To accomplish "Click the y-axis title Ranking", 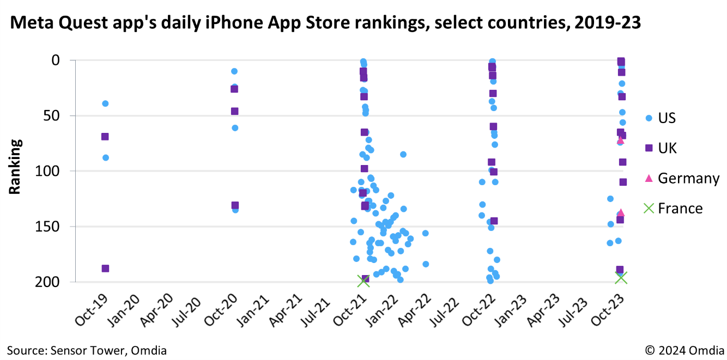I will (x=15, y=167).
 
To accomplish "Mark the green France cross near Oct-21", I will (x=363, y=281).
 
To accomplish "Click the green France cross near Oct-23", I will (x=621, y=278).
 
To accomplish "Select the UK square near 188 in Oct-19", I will (x=105, y=269).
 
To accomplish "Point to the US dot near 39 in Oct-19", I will (x=105, y=103).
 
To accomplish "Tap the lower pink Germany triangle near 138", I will (x=620, y=212).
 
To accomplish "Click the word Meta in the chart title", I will (x=33, y=22).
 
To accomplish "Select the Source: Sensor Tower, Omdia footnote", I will (x=87, y=350).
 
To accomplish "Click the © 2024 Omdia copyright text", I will (x=684, y=350).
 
